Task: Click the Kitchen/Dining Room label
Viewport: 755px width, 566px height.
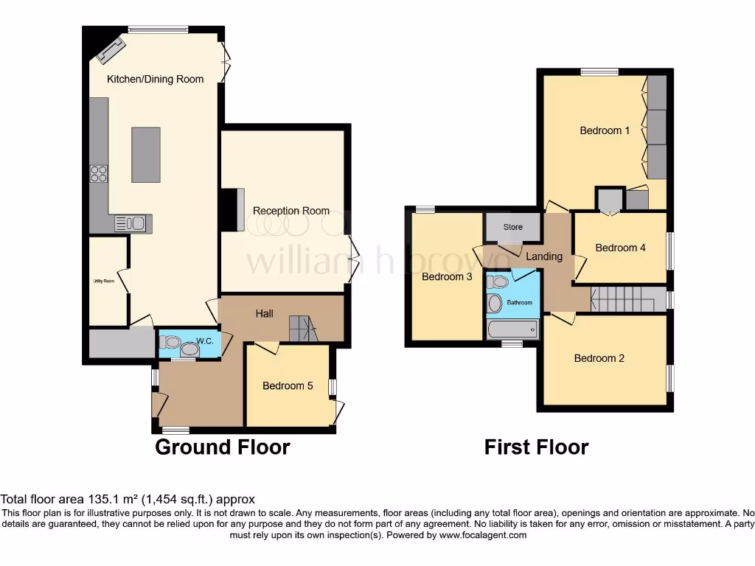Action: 155,79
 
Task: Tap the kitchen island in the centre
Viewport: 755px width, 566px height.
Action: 146,155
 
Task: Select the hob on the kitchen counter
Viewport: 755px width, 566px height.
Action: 98,174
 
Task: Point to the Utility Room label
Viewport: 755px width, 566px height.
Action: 103,281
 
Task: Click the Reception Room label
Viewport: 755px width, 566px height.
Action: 291,211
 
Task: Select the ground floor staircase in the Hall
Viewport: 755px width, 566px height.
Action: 302,329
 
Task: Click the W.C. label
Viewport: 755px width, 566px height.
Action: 205,341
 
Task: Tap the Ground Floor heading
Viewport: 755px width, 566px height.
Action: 222,447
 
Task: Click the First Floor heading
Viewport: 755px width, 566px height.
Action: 536,447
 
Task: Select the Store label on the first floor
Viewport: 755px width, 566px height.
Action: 513,227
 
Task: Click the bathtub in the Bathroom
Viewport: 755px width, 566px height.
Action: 513,329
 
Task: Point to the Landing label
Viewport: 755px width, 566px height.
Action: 544,256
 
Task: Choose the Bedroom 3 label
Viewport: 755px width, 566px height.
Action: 447,277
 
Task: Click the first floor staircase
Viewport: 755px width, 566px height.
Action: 623,299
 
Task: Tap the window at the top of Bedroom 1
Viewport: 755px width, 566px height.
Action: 599,71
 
